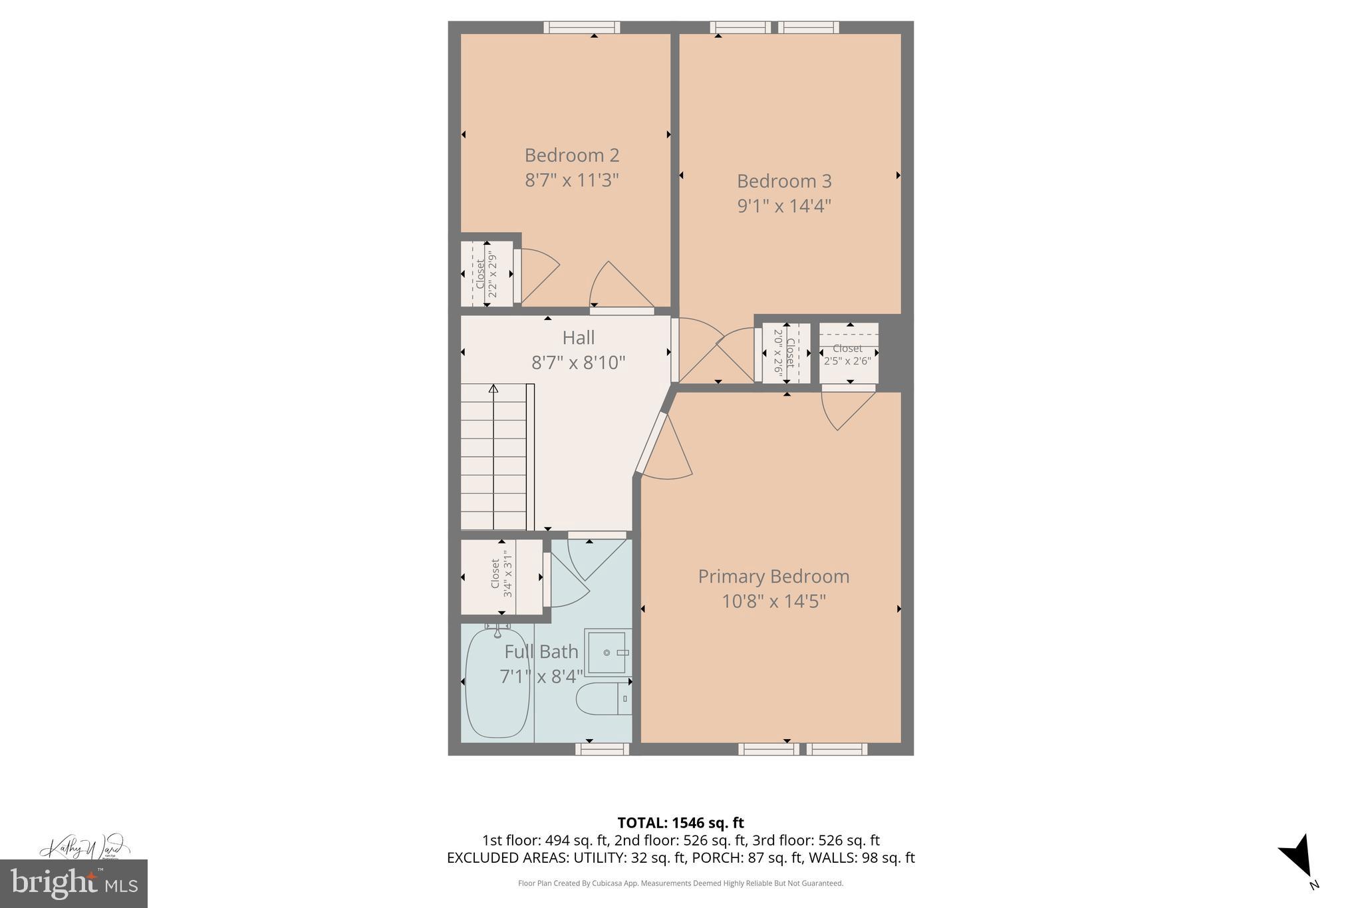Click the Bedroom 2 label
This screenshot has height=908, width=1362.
tap(571, 155)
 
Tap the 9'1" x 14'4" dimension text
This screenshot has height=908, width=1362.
tap(784, 206)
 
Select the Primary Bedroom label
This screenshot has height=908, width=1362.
tap(773, 576)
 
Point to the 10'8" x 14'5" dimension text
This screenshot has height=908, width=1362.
tap(773, 601)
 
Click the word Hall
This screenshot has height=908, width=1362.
tap(578, 338)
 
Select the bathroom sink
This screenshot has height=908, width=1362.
tap(607, 653)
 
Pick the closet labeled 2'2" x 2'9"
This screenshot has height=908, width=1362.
tap(486, 274)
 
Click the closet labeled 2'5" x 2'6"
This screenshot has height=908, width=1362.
tap(849, 353)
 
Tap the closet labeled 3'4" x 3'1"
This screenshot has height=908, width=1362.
tap(502, 576)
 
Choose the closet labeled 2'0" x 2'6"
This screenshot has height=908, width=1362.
tap(785, 353)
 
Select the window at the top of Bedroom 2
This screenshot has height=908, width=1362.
tap(581, 27)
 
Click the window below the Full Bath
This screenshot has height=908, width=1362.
tap(602, 749)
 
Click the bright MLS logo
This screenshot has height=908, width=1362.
tap(74, 883)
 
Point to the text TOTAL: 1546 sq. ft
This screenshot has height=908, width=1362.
tap(680, 823)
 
